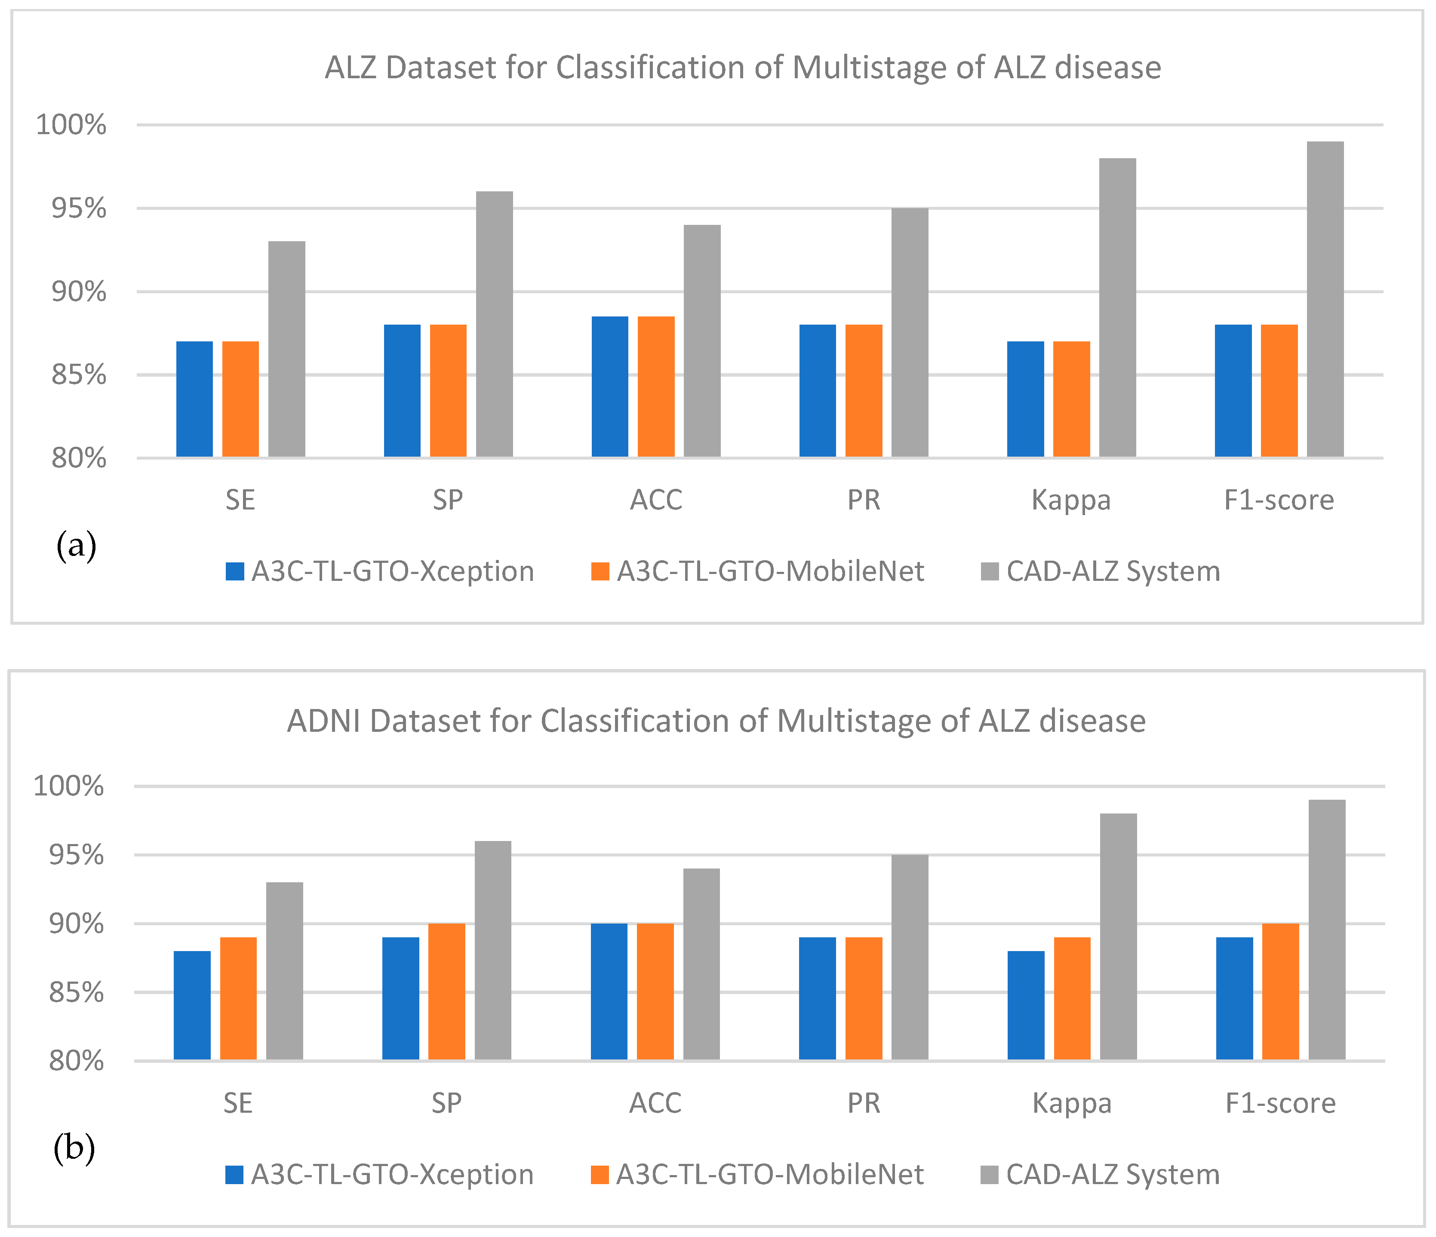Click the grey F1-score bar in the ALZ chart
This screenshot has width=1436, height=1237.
pos(1325,299)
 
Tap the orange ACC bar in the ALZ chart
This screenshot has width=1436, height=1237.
pos(655,387)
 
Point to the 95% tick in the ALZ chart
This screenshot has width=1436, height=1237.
pos(78,209)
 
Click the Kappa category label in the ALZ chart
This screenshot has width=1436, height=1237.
pos(1071,500)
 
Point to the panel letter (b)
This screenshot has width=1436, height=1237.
pos(74,1149)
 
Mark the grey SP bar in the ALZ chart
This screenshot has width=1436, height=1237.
pos(494,324)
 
